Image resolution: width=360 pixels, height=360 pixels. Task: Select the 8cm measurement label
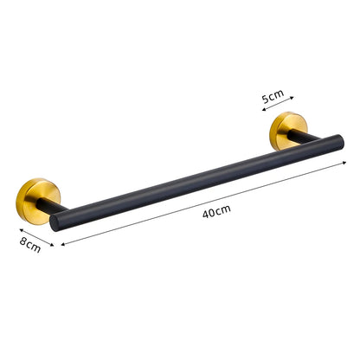point(30,247)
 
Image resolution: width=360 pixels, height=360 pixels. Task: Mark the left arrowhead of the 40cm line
point(63,245)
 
